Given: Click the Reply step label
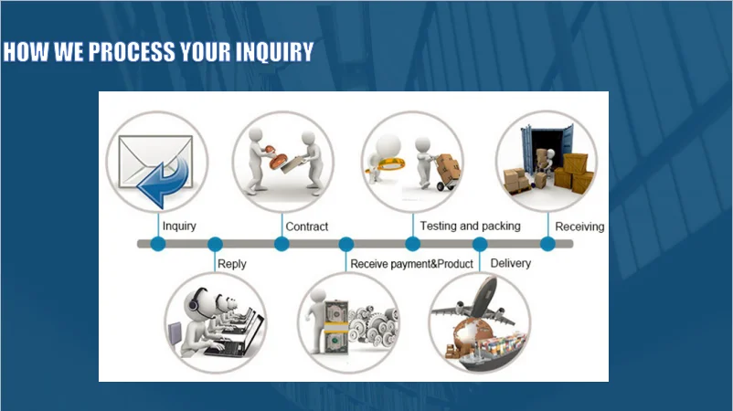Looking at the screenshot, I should (x=231, y=264).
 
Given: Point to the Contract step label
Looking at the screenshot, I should (x=306, y=226).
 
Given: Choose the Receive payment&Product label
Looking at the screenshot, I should (x=412, y=264).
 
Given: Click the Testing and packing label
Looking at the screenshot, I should (x=470, y=225).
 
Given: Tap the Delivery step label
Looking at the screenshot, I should (x=511, y=263).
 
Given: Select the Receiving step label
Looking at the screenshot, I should (x=579, y=226).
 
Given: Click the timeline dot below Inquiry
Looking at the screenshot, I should (x=158, y=244).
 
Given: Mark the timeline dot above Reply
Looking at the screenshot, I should (x=215, y=244).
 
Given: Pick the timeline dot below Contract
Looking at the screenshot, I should (x=282, y=244).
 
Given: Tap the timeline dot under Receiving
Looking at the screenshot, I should (x=547, y=244).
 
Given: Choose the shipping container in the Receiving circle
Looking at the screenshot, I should (x=547, y=146).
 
